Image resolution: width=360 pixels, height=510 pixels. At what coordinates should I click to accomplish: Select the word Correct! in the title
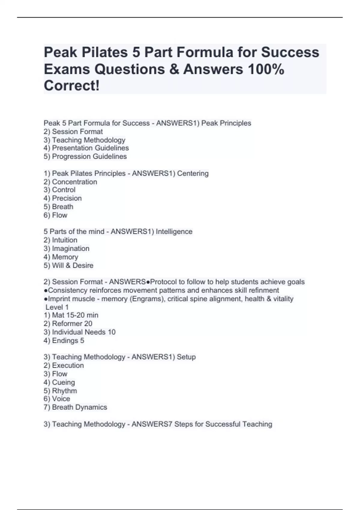(71, 86)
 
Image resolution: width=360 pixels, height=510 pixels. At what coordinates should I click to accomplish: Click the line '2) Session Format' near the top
(73, 132)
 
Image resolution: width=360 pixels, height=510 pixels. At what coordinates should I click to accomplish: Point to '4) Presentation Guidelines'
(86, 148)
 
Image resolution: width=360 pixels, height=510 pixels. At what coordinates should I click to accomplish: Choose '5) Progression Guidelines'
(85, 156)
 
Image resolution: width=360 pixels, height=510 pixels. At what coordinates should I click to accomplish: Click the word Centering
(193, 173)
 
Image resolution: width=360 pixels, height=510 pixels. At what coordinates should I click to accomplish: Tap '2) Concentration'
(70, 182)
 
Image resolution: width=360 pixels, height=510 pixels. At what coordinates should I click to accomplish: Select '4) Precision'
(62, 198)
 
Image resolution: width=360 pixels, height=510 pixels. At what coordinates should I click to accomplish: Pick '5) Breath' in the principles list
(58, 207)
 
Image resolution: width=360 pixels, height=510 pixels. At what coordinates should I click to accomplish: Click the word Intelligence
(174, 232)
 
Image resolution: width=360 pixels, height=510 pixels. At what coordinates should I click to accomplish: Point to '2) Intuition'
(60, 240)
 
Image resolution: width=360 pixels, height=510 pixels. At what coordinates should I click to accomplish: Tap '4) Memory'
(61, 257)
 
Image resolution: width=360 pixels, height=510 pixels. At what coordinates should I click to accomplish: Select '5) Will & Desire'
(68, 265)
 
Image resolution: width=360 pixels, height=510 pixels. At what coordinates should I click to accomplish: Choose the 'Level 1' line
(57, 307)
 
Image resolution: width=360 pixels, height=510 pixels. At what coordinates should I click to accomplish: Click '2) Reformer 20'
(68, 324)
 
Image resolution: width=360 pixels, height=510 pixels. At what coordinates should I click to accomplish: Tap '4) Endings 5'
(64, 340)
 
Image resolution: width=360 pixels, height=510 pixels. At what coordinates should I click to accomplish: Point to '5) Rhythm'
(60, 391)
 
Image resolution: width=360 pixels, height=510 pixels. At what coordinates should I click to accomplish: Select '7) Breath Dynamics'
(75, 407)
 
